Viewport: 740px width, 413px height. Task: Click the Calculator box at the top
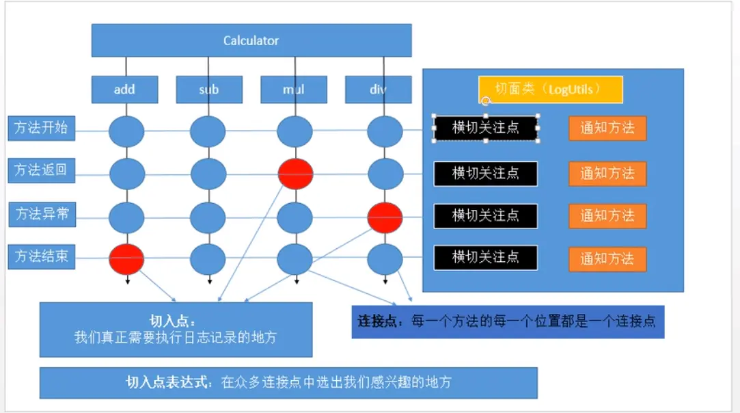(x=251, y=40)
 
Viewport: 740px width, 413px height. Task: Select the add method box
(x=125, y=89)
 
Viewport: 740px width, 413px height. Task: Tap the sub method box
(x=209, y=89)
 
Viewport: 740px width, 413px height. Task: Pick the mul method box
(x=294, y=89)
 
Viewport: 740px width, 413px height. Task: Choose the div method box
(x=378, y=89)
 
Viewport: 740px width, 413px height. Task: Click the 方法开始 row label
(x=42, y=128)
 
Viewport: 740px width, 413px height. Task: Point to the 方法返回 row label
(x=42, y=170)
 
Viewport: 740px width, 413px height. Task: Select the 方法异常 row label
(x=42, y=214)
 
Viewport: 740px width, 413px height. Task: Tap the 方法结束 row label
(x=42, y=257)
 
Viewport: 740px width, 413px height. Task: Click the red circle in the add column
(x=126, y=259)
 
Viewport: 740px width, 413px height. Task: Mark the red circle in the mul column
(x=295, y=174)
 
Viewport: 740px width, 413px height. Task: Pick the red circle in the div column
(x=385, y=217)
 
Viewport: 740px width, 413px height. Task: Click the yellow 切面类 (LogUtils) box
(x=550, y=90)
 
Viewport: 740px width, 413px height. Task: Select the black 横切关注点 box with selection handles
(x=485, y=127)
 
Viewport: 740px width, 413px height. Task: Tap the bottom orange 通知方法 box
(x=607, y=258)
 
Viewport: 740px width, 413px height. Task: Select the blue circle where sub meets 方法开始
(x=208, y=131)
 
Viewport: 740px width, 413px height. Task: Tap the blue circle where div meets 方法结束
(x=385, y=259)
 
